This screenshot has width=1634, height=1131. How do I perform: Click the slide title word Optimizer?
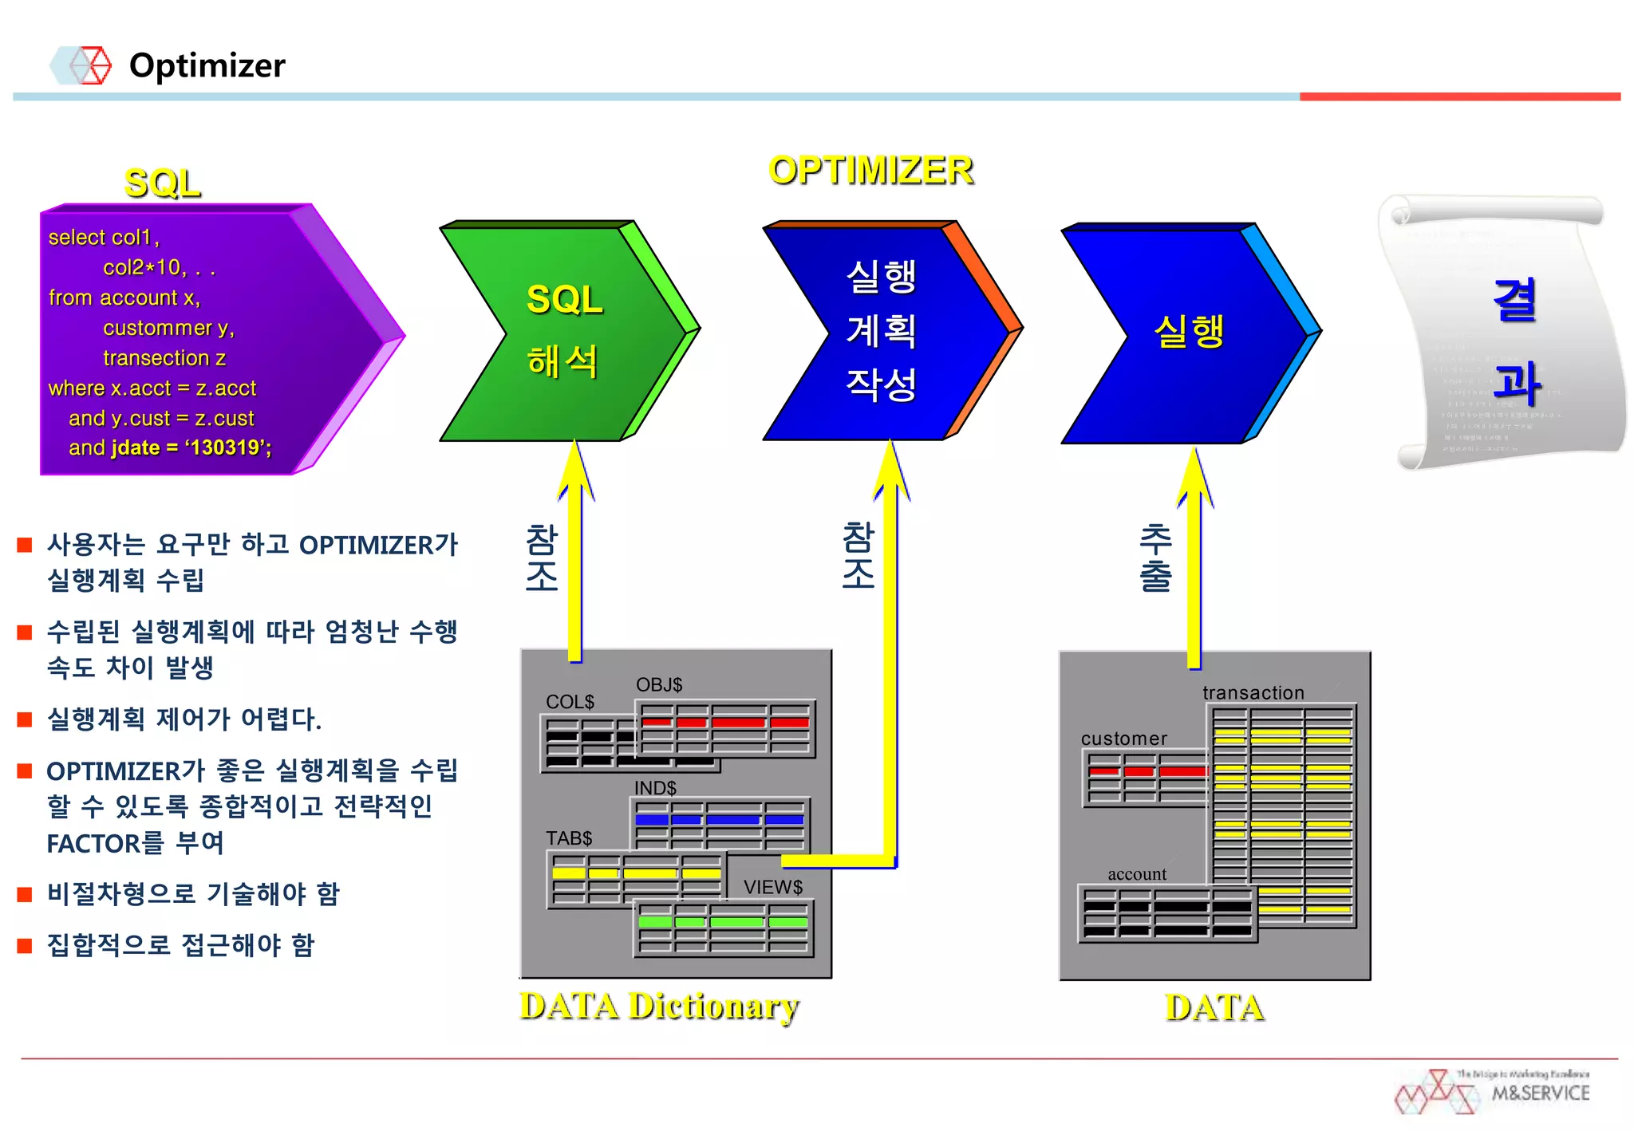click(x=207, y=65)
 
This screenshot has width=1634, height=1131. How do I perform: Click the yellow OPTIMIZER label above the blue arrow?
click(x=870, y=170)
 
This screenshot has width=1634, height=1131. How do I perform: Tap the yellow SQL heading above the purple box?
click(x=162, y=183)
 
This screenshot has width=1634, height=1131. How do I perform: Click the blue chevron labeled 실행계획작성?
click(x=882, y=330)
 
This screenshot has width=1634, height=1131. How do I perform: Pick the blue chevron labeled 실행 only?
click(x=1189, y=332)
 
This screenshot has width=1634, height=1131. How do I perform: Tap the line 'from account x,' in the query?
click(x=124, y=298)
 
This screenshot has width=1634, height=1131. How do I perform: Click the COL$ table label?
click(x=570, y=702)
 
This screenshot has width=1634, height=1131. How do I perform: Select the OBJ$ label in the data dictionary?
click(x=659, y=684)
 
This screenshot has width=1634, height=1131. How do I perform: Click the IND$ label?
click(x=655, y=788)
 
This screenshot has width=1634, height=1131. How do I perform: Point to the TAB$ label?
click(x=569, y=838)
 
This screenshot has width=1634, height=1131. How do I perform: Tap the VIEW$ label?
click(x=772, y=887)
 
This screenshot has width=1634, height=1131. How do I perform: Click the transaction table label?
click(x=1253, y=693)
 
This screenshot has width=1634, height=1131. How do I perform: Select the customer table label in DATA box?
click(x=1123, y=739)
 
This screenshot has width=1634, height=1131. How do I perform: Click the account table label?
click(x=1137, y=874)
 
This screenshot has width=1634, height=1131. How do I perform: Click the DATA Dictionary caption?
click(x=659, y=1007)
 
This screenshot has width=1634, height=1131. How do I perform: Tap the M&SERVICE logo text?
click(x=1541, y=1094)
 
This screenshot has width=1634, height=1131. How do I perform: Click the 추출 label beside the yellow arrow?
click(x=1155, y=558)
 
